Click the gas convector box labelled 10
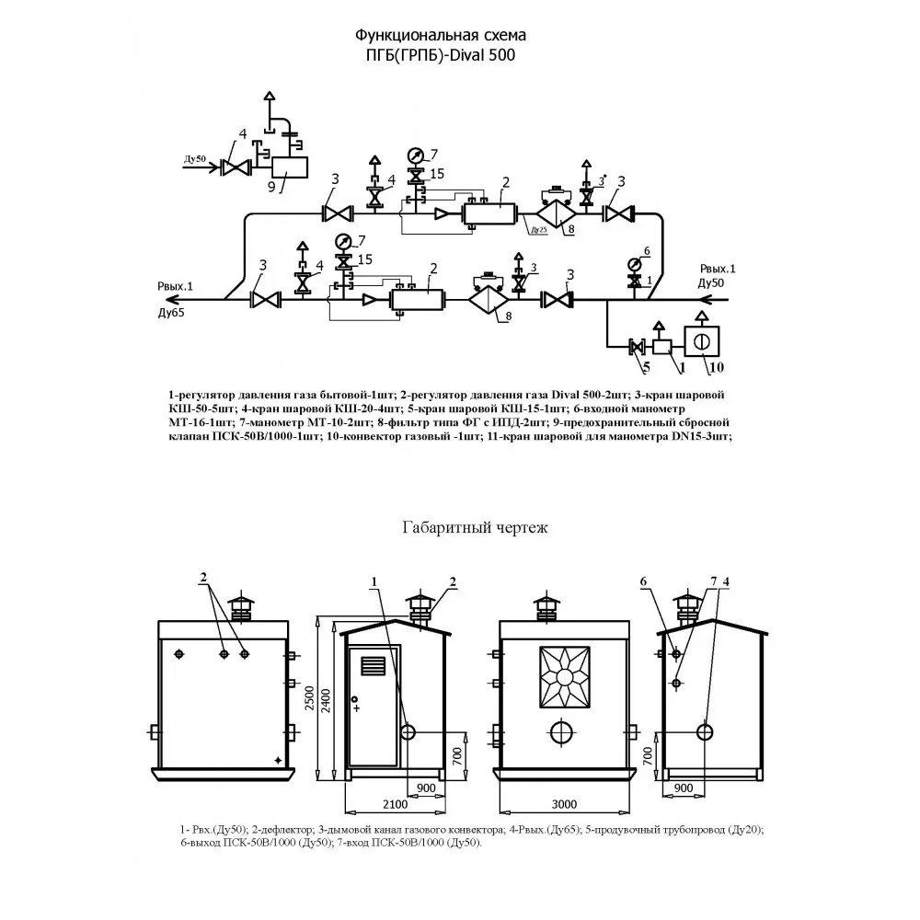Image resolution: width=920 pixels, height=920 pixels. [702, 341]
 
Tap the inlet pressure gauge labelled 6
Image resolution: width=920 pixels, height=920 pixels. [634, 263]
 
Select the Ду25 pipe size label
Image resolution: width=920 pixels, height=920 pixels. [539, 230]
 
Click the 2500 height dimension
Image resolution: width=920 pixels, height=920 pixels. [309, 699]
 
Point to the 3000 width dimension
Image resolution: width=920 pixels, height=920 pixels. [564, 804]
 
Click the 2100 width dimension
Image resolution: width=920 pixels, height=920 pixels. [395, 804]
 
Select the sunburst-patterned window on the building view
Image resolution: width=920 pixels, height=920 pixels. [564, 676]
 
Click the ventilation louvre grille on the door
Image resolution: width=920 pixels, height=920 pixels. [374, 666]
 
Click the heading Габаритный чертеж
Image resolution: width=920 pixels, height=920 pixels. [475, 528]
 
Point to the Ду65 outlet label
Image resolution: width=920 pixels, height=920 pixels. [171, 313]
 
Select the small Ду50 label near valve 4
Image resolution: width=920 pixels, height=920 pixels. [195, 159]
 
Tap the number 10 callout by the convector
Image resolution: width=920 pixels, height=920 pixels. [717, 367]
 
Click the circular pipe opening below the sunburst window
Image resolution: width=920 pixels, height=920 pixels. [564, 731]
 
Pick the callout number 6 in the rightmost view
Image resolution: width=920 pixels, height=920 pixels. [643, 581]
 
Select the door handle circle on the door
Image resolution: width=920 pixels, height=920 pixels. [354, 699]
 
